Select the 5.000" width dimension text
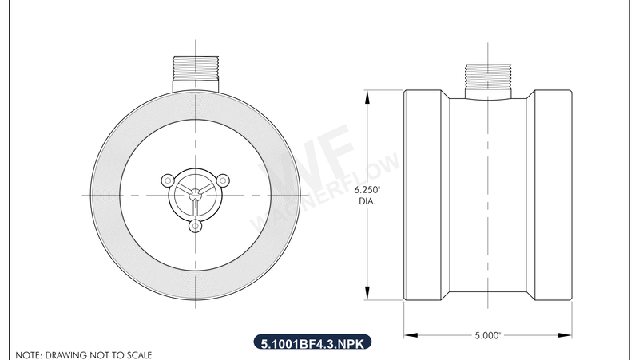(488, 335)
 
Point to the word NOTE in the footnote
(28, 354)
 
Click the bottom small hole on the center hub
(194, 227)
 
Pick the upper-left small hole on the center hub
(166, 179)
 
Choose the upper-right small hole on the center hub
(223, 179)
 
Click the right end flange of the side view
(553, 196)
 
